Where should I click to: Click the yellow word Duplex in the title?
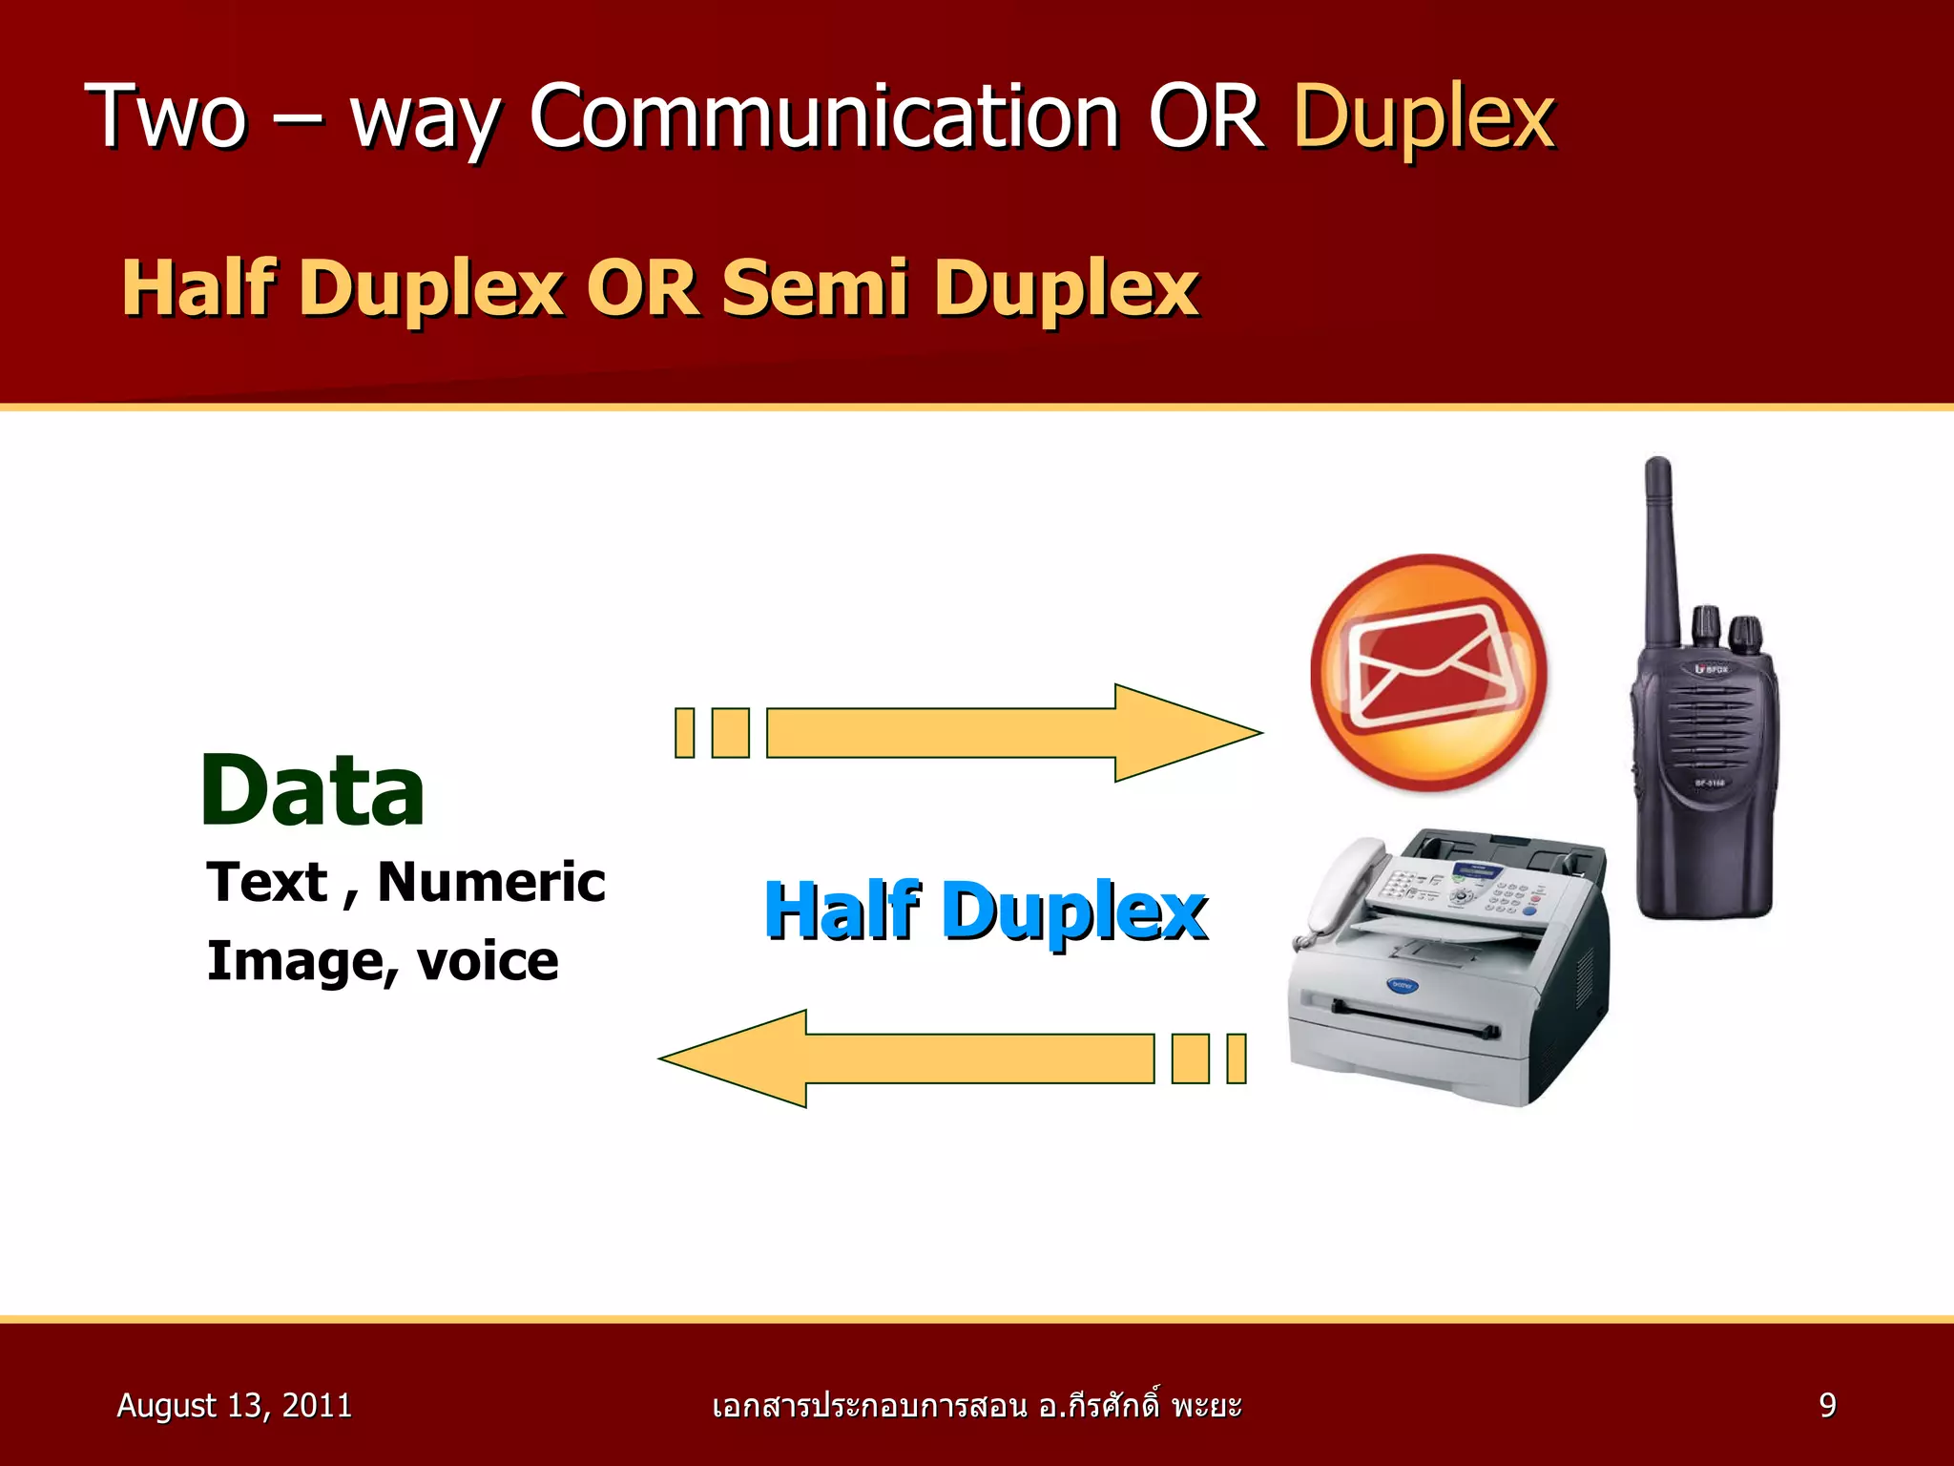click(x=1424, y=118)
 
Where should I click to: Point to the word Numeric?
click(x=491, y=882)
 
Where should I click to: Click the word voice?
click(x=488, y=961)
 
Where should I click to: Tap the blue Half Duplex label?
click(x=986, y=911)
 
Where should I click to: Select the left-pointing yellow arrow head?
click(x=735, y=1058)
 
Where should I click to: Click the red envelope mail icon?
click(x=1428, y=672)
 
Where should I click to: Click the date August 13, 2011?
click(x=234, y=1406)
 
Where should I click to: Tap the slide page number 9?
click(x=1827, y=1406)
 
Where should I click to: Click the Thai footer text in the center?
click(x=976, y=1406)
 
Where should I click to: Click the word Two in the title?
click(x=167, y=118)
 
